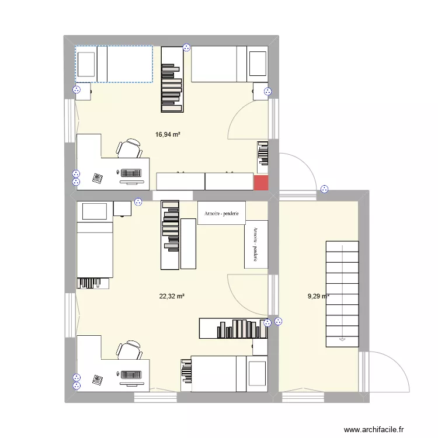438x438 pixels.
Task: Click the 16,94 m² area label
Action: [x=168, y=134]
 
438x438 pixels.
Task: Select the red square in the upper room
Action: [x=261, y=182]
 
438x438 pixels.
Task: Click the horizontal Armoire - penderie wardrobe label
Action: [x=222, y=214]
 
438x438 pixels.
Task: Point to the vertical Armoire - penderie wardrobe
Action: [x=255, y=244]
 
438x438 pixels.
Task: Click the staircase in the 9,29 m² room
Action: [x=342, y=295]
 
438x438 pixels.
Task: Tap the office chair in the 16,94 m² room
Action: [x=129, y=149]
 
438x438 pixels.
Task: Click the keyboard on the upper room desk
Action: [x=131, y=173]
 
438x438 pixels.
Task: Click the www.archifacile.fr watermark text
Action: [x=374, y=430]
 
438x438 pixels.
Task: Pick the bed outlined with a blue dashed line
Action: [x=114, y=64]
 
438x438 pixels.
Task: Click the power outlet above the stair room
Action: [x=325, y=189]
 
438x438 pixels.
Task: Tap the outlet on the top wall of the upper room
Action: [x=186, y=47]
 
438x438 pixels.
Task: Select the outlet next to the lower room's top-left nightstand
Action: [x=138, y=202]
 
